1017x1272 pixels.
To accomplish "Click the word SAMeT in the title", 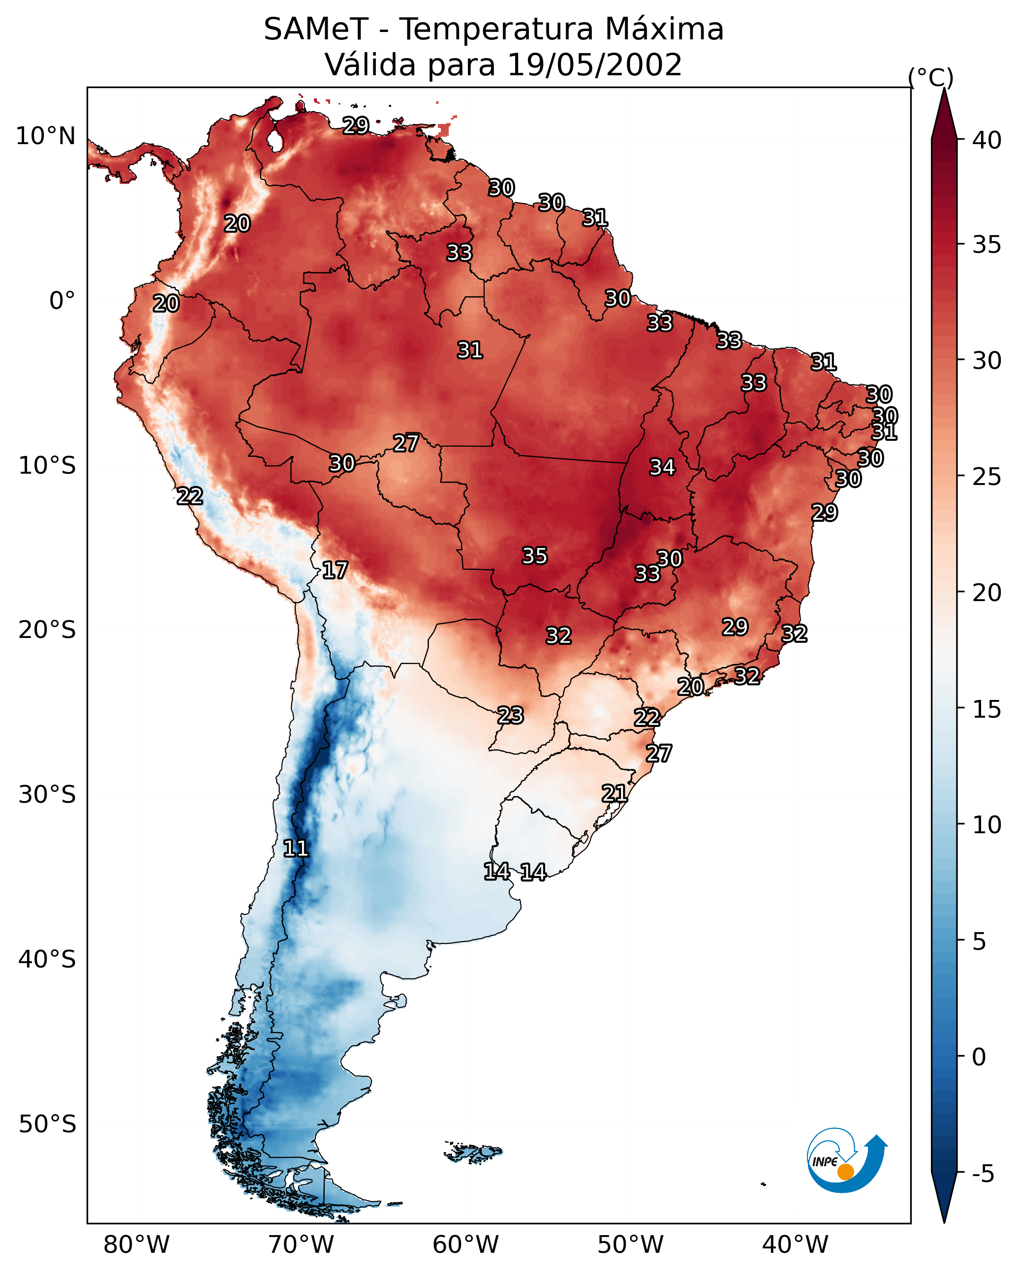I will pyautogui.click(x=316, y=30).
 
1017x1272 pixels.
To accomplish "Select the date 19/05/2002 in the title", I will pyautogui.click(x=594, y=65).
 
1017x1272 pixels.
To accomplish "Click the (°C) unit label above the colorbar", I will pyautogui.click(x=931, y=77).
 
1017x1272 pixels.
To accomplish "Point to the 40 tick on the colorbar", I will pyautogui.click(x=987, y=140).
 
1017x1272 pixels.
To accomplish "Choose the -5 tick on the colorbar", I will pyautogui.click(x=983, y=1174).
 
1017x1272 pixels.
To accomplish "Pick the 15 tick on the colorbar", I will pyautogui.click(x=987, y=709).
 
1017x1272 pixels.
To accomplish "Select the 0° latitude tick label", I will pyautogui.click(x=62, y=301).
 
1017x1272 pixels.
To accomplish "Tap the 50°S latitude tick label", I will pyautogui.click(x=47, y=1124).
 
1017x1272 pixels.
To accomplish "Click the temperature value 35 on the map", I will pyautogui.click(x=535, y=556).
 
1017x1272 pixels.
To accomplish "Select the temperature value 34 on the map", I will pyautogui.click(x=662, y=467).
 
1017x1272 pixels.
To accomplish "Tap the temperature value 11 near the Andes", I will pyautogui.click(x=296, y=848).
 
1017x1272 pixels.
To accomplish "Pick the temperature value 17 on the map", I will pyautogui.click(x=335, y=570).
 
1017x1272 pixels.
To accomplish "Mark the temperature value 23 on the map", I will pyautogui.click(x=510, y=715).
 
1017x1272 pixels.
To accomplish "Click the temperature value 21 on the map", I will pyautogui.click(x=615, y=793).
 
